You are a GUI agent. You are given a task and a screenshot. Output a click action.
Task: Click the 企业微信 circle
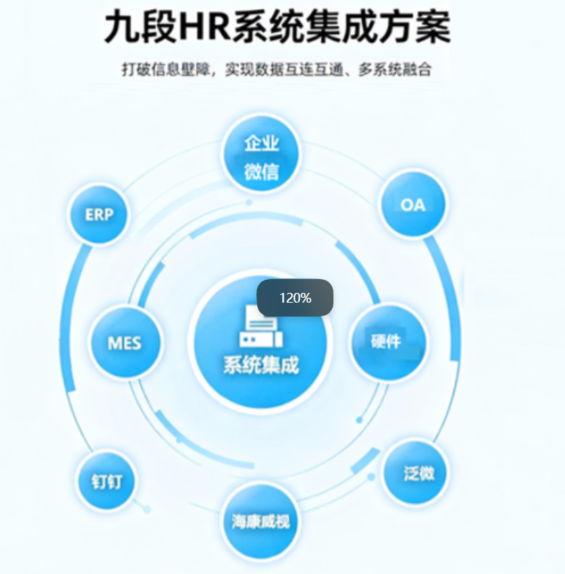pyautogui.click(x=261, y=154)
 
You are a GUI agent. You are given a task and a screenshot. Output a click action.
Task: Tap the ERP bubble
pyautogui.click(x=98, y=214)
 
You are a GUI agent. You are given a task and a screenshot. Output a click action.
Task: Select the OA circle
pyautogui.click(x=413, y=204)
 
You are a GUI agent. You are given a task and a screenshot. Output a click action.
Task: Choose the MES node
pyautogui.click(x=125, y=343)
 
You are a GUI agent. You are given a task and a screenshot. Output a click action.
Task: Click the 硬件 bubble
pyautogui.click(x=388, y=342)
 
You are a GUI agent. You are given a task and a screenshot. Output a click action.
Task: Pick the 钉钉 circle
pyautogui.click(x=107, y=481)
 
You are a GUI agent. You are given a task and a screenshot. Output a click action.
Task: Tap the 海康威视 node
pyautogui.click(x=261, y=521)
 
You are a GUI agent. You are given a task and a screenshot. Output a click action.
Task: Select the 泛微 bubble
pyautogui.click(x=416, y=473)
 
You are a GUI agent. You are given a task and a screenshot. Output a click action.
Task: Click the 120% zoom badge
pyautogui.click(x=295, y=298)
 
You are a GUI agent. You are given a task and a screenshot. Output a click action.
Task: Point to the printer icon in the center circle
pyautogui.click(x=261, y=326)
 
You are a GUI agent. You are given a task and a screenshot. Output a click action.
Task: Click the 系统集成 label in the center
pyautogui.click(x=261, y=364)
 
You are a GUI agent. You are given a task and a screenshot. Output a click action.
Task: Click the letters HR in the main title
pyautogui.click(x=205, y=27)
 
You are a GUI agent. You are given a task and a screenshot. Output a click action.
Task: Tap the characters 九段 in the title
pyautogui.click(x=141, y=27)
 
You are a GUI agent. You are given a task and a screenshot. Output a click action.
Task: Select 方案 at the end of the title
pyautogui.click(x=415, y=27)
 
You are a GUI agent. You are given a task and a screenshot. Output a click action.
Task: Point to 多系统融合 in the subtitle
pyautogui.click(x=395, y=69)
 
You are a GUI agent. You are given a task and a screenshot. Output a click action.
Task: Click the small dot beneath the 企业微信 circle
pyautogui.click(x=249, y=203)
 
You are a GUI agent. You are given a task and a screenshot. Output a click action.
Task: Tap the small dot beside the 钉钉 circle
pyautogui.click(x=147, y=509)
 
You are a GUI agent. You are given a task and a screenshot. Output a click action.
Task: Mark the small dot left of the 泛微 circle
pyautogui.click(x=371, y=477)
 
